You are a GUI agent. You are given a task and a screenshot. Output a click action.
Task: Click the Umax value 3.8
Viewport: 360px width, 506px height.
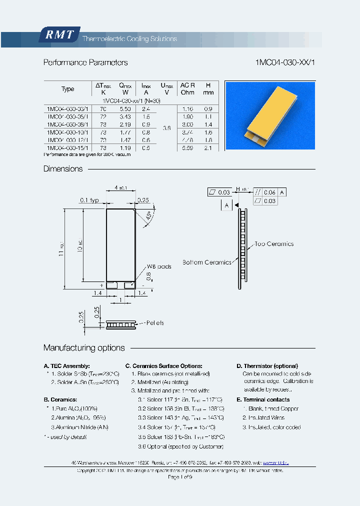tap(167, 128)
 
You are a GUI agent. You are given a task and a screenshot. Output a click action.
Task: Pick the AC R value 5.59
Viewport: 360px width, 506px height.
tap(187, 148)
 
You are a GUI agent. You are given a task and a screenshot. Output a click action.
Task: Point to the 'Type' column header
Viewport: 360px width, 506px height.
tap(67, 89)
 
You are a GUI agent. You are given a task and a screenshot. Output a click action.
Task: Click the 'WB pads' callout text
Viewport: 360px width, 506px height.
tap(159, 266)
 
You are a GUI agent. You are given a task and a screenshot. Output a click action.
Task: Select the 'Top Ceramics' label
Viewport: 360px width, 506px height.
tap(274, 244)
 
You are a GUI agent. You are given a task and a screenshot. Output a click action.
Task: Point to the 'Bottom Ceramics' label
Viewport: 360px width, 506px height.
tap(207, 262)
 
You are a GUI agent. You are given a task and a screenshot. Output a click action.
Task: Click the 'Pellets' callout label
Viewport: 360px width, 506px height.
tap(155, 323)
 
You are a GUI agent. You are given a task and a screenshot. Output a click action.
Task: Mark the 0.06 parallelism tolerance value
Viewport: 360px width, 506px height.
tap(269, 192)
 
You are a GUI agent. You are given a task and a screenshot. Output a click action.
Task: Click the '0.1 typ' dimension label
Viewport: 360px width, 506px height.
tap(90, 200)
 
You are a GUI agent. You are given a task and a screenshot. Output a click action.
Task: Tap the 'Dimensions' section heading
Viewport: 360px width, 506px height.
tap(63, 169)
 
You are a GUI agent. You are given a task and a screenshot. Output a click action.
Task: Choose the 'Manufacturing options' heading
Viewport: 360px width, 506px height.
tap(84, 348)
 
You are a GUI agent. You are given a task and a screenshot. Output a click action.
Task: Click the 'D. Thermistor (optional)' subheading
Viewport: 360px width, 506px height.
tap(267, 366)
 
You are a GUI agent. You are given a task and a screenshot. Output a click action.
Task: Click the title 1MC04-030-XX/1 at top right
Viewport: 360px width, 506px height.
tap(285, 62)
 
